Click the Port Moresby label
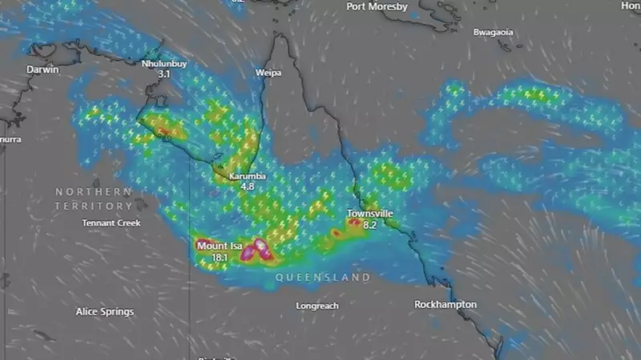377,6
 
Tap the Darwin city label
42,70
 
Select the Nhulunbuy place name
164,63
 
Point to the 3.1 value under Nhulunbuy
164,74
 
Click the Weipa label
268,73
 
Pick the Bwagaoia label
493,33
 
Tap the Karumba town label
248,176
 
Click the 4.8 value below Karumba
248,187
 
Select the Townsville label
369,214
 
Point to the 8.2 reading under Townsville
370,225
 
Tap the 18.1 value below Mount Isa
220,257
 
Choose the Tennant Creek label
111,223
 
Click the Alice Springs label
105,311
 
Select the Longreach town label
317,306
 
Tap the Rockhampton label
445,305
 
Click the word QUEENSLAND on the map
323,277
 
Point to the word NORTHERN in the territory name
94,192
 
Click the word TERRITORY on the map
94,207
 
